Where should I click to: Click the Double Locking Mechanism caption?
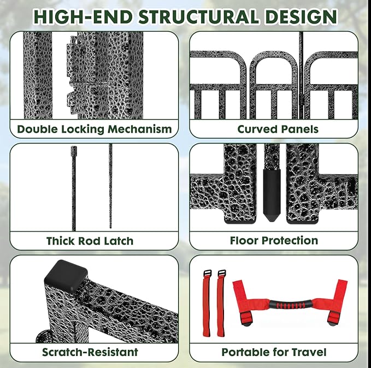pos(94,130)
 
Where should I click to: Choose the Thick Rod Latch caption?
pos(90,241)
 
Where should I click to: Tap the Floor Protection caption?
pos(274,241)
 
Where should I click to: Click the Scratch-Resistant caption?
pos(90,352)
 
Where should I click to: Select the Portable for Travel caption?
pos(274,352)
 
